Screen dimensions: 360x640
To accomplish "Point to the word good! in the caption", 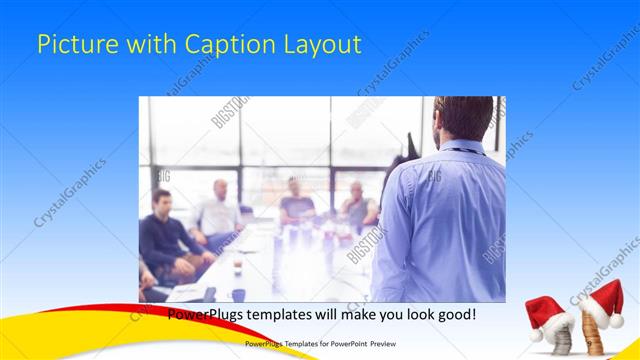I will (x=456, y=313).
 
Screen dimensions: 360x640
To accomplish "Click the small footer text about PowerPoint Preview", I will (x=319, y=343).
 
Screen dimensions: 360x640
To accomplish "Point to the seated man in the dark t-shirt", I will (x=297, y=205).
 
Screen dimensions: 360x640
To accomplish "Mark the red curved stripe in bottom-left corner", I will (x=60, y=322).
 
